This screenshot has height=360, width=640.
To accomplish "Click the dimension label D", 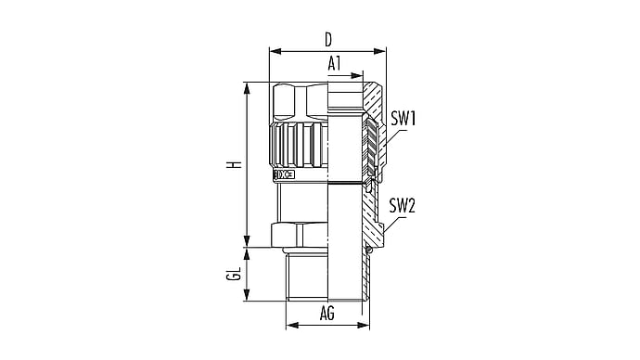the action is tap(328, 40).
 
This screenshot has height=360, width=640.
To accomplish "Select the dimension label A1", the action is tap(334, 64).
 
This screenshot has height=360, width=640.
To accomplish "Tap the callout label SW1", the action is tap(403, 119).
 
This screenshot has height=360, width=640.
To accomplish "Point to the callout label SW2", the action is tap(402, 205).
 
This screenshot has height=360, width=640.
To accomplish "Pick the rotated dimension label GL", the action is tap(234, 274).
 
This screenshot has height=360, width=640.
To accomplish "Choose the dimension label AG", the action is tap(327, 314).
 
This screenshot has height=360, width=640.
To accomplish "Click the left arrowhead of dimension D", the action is tap(275, 51).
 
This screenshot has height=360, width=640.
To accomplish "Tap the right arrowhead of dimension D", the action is tap(380, 51).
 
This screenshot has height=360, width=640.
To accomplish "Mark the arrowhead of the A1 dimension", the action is tap(357, 75).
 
